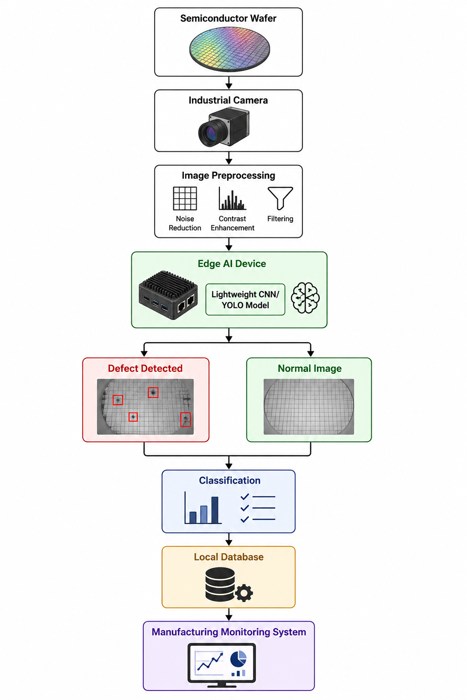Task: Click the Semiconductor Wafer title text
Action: (228, 18)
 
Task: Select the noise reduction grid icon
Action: (185, 198)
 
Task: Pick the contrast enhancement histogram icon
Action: (233, 198)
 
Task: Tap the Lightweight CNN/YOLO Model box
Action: (245, 299)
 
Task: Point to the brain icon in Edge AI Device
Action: (305, 298)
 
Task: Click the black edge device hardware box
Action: (168, 295)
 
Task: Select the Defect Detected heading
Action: (145, 368)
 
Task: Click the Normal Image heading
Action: (310, 368)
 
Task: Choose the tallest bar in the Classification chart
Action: (215, 510)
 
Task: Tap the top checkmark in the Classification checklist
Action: (244, 497)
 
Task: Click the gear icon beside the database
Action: (244, 593)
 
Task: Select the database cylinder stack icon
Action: (220, 584)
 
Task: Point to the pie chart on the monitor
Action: (239, 659)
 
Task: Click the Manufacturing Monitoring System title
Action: (228, 632)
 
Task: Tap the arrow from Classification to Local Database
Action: (229, 540)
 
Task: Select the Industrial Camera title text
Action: (228, 100)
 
